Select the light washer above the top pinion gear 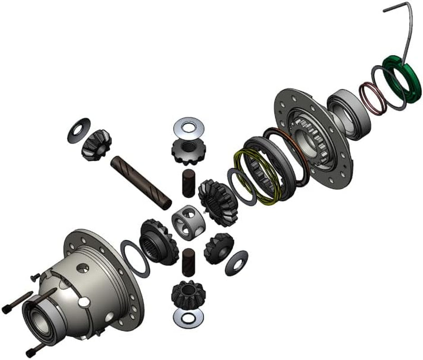pyautogui.click(x=189, y=126)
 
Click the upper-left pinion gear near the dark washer pyautogui.click(x=96, y=144)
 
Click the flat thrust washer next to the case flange pyautogui.click(x=135, y=258)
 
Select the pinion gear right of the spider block pyautogui.click(x=218, y=248)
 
